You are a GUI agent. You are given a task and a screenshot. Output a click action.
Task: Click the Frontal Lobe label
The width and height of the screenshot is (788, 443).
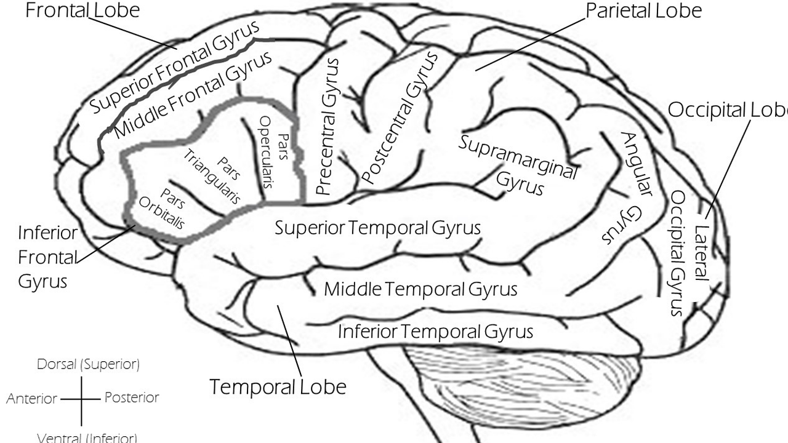pyautogui.click(x=82, y=10)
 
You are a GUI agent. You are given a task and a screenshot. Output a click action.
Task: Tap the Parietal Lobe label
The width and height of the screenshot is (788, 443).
pyautogui.click(x=643, y=10)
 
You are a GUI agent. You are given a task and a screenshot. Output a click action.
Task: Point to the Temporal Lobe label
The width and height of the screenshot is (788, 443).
pyautogui.click(x=278, y=387)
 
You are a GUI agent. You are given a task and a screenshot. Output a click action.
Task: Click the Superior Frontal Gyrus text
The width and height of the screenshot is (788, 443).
pyautogui.click(x=174, y=67)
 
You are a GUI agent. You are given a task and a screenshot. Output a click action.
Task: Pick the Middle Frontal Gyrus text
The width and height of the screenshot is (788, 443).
pyautogui.click(x=193, y=95)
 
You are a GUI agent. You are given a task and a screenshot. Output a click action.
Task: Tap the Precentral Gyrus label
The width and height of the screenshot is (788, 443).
pyautogui.click(x=326, y=126)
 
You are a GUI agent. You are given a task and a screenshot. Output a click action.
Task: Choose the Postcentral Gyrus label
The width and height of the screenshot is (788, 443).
pyautogui.click(x=400, y=118)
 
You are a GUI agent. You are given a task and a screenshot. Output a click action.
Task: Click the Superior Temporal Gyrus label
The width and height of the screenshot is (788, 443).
pyautogui.click(x=377, y=228)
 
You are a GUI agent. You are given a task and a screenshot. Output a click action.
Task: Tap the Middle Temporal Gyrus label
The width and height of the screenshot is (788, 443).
pyautogui.click(x=421, y=289)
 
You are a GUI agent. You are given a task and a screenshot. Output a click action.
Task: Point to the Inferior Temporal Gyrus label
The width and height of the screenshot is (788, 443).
pyautogui.click(x=435, y=332)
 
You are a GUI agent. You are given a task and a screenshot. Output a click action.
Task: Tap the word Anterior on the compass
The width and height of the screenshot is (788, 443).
pyautogui.click(x=32, y=399)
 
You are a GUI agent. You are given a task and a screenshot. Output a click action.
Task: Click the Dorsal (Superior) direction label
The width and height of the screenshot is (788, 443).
pyautogui.click(x=88, y=364)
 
